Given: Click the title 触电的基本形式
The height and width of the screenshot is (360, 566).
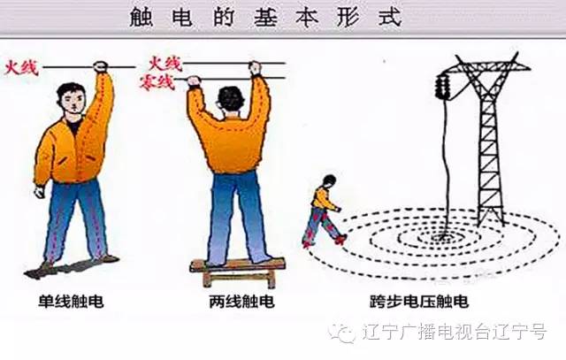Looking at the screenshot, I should coord(283,16).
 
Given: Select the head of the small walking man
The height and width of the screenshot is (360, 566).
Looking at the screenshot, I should coord(329,181).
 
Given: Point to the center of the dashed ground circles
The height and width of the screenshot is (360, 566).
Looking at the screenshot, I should coord(442,236).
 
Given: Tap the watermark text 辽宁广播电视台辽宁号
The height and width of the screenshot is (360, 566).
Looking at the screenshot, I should coord(456,332).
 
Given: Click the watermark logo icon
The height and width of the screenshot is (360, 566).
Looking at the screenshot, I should coord(341,332).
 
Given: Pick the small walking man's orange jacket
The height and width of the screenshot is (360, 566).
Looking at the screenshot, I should coord(324,200).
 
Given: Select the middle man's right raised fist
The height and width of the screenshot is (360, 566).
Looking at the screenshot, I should coord(256,68).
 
